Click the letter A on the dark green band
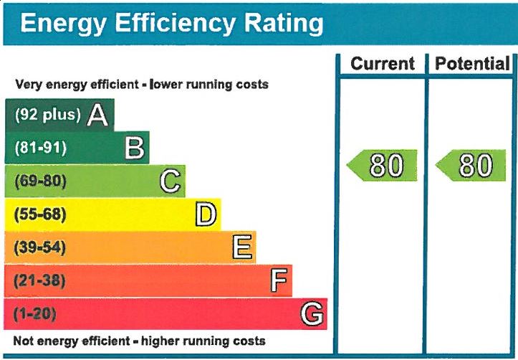point(97,115)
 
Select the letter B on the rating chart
point(134,148)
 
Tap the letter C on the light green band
point(170,181)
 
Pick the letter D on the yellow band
point(206,214)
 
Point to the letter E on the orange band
point(242,247)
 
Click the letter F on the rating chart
point(278,280)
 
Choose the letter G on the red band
point(312,313)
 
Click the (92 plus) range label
point(48,115)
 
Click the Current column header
point(383,64)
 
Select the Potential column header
point(472,64)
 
